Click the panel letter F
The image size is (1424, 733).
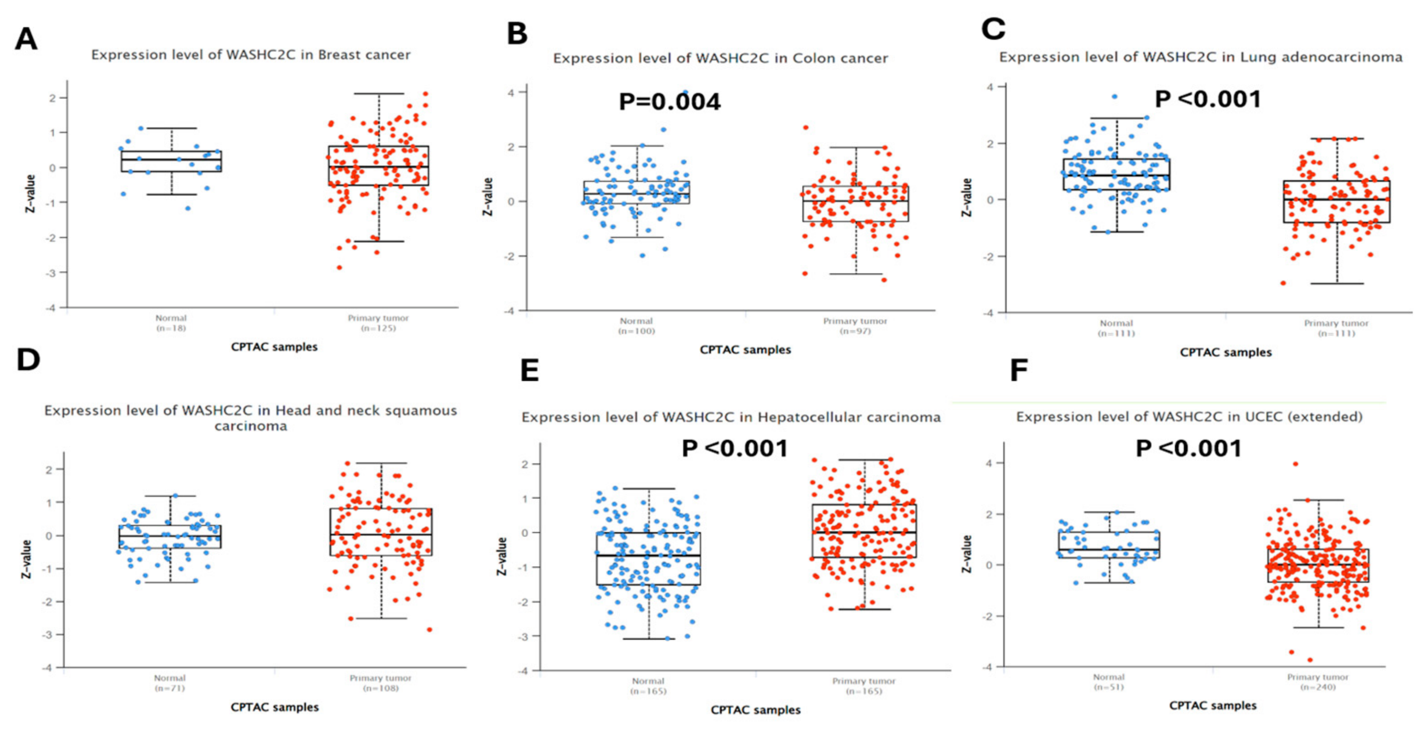(1019, 370)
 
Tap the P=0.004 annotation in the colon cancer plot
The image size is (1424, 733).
(670, 102)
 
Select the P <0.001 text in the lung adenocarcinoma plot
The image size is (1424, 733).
(1208, 100)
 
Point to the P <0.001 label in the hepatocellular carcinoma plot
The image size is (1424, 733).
(735, 448)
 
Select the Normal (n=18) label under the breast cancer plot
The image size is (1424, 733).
(171, 323)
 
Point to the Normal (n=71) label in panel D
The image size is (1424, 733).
(170, 683)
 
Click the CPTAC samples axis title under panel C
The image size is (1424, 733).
(1226, 352)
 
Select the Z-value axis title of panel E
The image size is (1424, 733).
(502, 556)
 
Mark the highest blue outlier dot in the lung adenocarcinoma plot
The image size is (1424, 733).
(1114, 97)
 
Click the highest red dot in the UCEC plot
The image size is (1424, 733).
(1295, 464)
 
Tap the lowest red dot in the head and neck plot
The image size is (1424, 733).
(429, 629)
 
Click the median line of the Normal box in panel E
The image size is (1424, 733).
(648, 556)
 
